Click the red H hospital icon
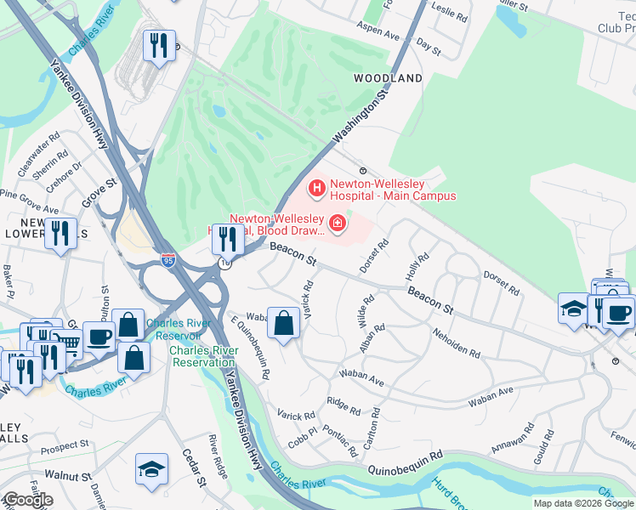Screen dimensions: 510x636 click(x=316, y=186)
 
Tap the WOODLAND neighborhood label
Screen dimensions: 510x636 click(x=388, y=78)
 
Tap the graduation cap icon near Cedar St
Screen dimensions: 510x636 click(x=151, y=468)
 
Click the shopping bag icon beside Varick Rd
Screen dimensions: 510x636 click(x=283, y=323)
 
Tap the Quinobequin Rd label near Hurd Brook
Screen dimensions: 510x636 click(x=406, y=468)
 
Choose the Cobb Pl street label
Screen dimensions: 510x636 click(x=303, y=441)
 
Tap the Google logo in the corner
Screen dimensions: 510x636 click(x=28, y=499)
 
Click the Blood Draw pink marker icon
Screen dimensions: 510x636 click(x=338, y=224)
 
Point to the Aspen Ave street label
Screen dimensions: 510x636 click(x=376, y=37)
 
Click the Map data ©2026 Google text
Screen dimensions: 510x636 click(x=582, y=503)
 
